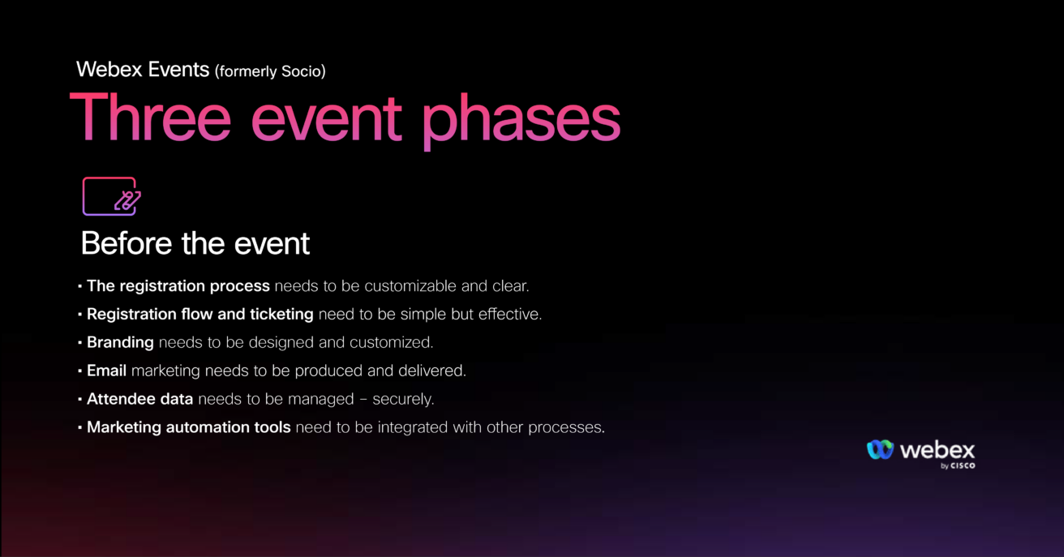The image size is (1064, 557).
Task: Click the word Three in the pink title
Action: click(150, 117)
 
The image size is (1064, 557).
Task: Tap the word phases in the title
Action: click(521, 122)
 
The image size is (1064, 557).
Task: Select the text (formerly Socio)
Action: click(270, 71)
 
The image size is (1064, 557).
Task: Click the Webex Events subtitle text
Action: click(143, 70)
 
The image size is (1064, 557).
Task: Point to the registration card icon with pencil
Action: click(111, 196)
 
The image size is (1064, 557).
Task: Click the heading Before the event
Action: click(195, 243)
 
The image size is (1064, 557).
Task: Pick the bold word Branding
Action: click(120, 342)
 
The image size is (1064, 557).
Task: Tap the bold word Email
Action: click(106, 371)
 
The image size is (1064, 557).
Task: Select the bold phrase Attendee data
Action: click(140, 399)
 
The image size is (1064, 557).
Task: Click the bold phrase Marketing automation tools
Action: click(189, 427)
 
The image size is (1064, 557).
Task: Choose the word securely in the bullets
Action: click(403, 400)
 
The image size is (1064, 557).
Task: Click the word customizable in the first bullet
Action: click(410, 286)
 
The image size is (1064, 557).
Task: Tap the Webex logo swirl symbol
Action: click(880, 449)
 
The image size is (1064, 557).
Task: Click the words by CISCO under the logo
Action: click(958, 466)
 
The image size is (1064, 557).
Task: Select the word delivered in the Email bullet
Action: click(431, 371)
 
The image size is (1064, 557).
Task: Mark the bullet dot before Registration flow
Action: click(79, 315)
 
